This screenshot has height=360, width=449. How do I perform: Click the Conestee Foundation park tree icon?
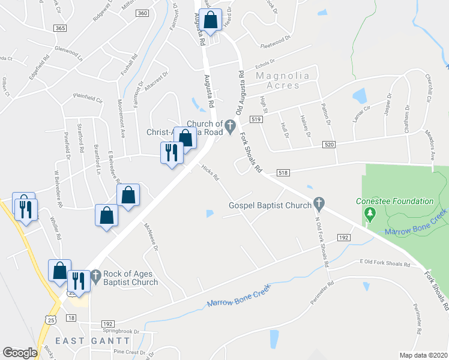coord(370,213)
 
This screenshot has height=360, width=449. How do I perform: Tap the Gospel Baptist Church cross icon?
coord(319,205)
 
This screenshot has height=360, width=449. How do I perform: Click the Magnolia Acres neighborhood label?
coord(278,80)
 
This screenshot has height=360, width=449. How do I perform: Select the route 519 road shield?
coord(257,120)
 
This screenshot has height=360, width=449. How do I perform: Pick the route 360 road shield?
coord(142,13)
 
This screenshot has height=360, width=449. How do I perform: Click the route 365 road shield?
coord(59,28)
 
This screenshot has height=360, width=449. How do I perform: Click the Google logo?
coord(20,353)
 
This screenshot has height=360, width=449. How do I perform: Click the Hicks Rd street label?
coord(210,173)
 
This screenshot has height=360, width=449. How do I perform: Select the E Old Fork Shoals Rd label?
coord(384,262)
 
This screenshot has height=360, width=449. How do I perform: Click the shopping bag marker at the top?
coord(211,20)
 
